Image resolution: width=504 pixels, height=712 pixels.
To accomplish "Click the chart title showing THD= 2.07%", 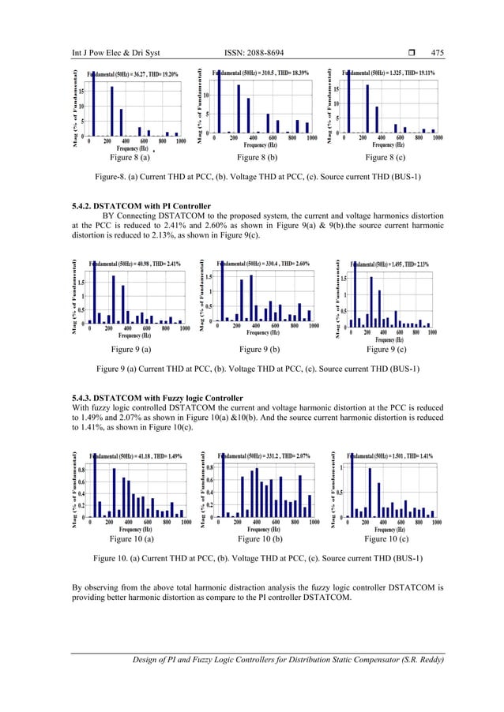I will coord(264,456).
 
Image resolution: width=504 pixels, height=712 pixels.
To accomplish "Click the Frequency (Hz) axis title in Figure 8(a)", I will coord(132,148).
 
